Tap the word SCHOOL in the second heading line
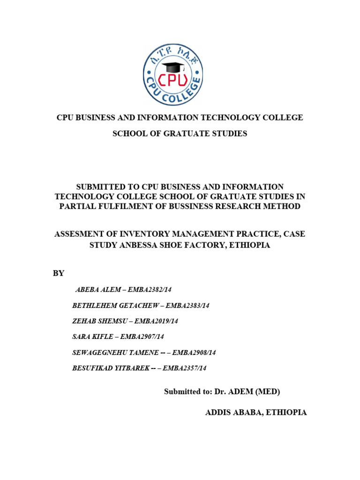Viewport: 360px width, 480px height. [127, 134]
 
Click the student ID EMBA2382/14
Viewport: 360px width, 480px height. [150, 290]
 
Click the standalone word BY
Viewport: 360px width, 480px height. [58, 273]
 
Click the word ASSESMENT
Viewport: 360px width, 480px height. [80, 234]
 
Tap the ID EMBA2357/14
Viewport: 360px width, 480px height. [184, 368]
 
